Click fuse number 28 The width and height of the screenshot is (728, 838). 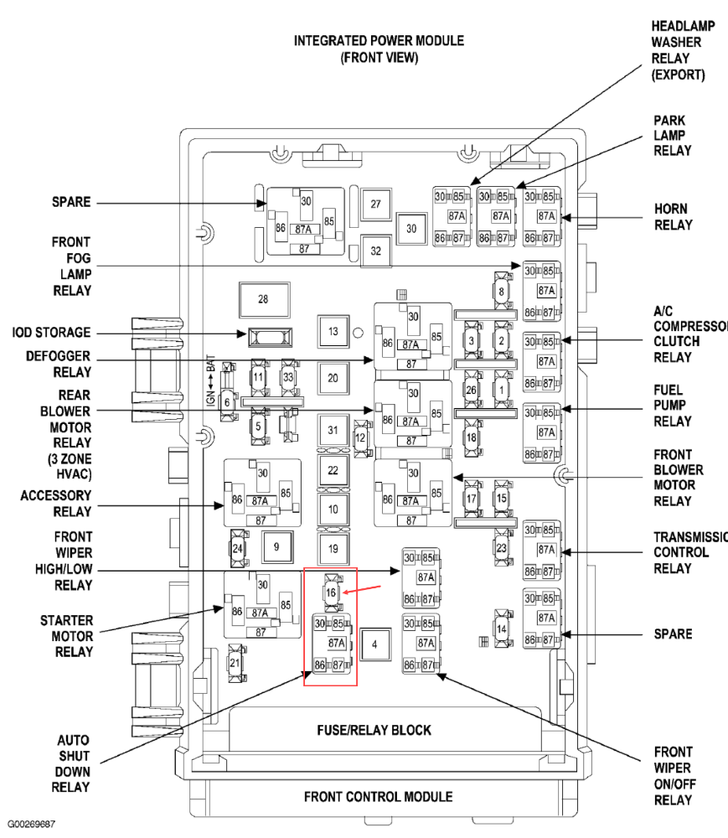tap(262, 299)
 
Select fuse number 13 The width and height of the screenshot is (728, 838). tap(333, 332)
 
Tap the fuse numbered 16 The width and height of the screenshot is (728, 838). tap(331, 592)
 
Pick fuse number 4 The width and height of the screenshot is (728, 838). tap(375, 644)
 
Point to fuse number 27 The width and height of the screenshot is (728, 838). tap(376, 204)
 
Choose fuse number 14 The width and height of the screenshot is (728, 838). tap(502, 629)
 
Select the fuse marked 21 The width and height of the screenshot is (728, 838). tap(235, 663)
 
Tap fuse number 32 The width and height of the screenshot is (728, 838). tap(376, 250)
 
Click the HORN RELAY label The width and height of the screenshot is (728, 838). tap(673, 216)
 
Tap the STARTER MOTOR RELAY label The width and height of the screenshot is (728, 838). tap(66, 636)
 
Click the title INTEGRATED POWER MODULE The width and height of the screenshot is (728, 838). tap(379, 40)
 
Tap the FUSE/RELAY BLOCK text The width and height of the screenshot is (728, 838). tap(374, 730)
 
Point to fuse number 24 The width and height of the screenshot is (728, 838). tap(238, 549)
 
